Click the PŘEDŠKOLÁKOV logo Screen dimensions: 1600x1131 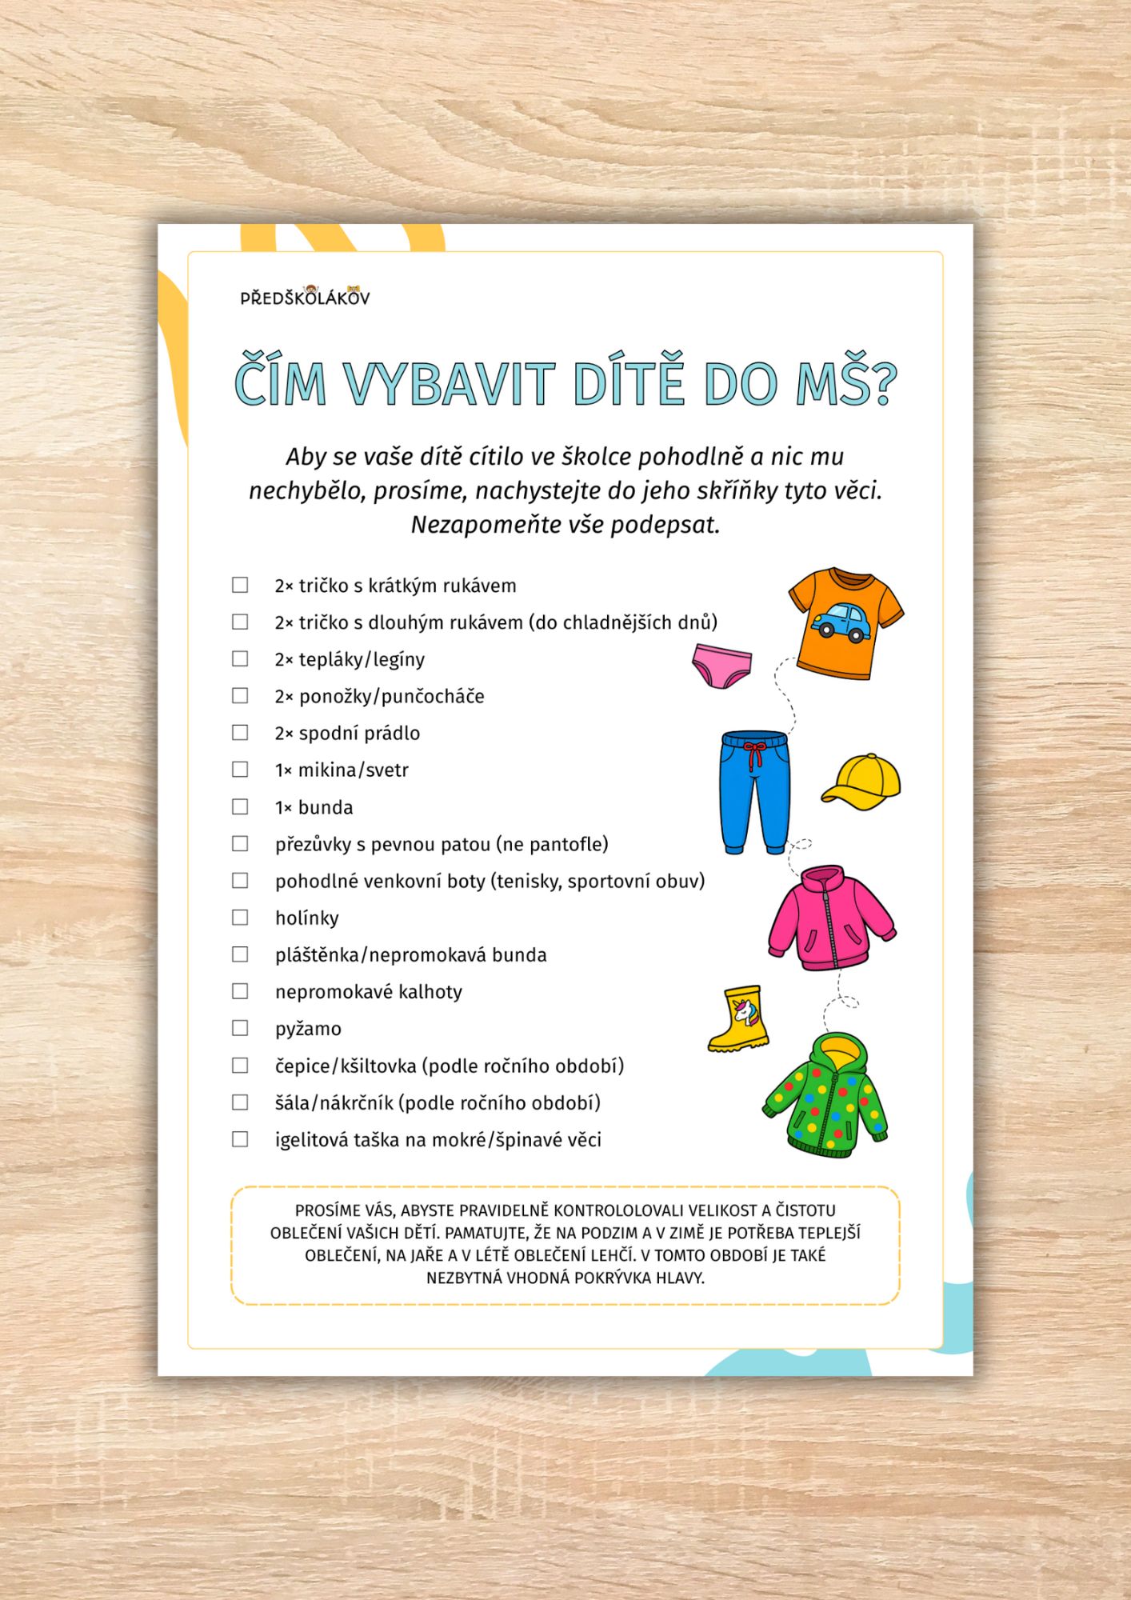[305, 297]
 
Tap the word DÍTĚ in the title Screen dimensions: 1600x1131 [629, 384]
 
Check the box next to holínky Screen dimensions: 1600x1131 [240, 918]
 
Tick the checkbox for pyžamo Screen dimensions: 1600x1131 [240, 1028]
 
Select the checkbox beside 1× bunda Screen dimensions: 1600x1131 [240, 806]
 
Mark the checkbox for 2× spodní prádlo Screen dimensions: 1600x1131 [240, 733]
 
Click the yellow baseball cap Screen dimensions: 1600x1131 [861, 782]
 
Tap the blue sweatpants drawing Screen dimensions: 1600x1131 [754, 792]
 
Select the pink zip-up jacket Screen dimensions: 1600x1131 [830, 918]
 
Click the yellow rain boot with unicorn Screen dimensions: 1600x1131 [738, 1018]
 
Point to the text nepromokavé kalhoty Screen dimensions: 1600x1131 [369, 992]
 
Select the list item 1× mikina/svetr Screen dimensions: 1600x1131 [342, 770]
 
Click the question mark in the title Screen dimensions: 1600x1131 [882, 384]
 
